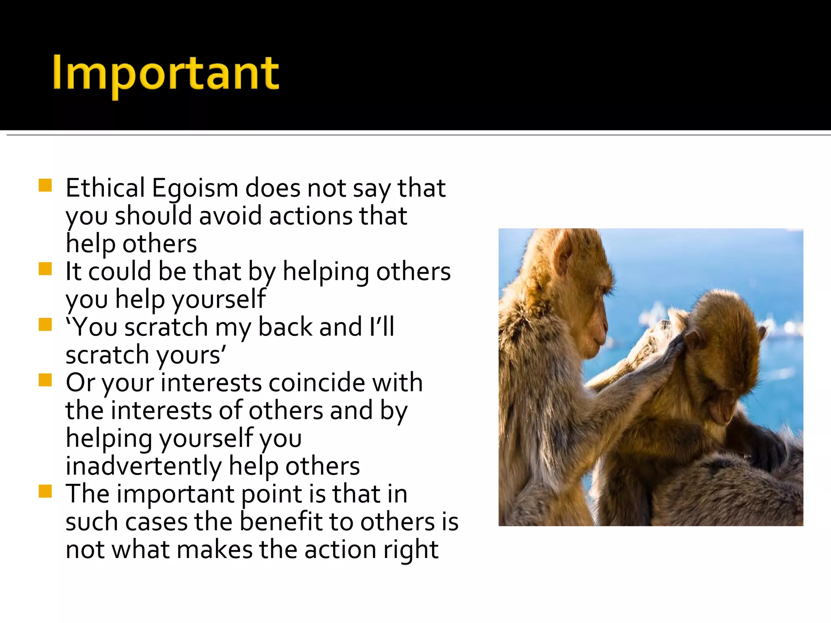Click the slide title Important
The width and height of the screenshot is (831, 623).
(x=166, y=74)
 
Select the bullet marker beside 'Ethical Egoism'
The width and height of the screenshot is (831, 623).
(x=45, y=185)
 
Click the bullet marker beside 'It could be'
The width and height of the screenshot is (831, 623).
(x=45, y=269)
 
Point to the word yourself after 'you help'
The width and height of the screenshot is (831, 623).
(x=219, y=299)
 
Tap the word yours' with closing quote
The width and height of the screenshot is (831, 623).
(x=191, y=355)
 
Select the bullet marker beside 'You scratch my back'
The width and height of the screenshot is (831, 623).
(x=45, y=324)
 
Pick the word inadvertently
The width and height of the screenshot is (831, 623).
(x=143, y=466)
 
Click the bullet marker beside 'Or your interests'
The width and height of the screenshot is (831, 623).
(x=45, y=380)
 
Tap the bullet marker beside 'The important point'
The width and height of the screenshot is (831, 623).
(x=45, y=491)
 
